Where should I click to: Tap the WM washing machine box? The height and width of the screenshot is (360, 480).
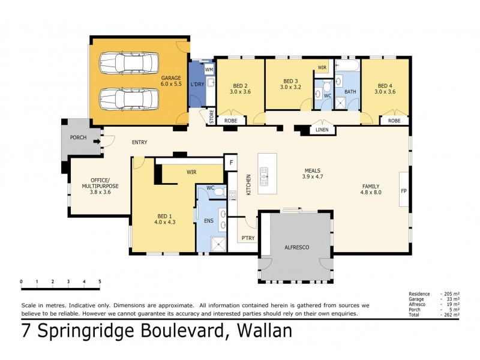(x=209, y=70)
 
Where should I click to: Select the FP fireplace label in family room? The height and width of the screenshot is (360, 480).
(x=404, y=191)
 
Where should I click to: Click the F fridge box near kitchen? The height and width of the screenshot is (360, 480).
(x=230, y=162)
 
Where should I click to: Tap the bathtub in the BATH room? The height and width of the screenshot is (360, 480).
(x=347, y=65)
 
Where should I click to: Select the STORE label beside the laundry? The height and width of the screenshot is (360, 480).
(x=211, y=117)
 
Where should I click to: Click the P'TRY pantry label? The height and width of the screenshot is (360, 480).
(x=248, y=238)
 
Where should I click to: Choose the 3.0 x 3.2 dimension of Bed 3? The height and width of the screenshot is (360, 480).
(x=290, y=87)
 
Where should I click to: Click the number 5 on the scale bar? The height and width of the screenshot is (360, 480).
(x=100, y=281)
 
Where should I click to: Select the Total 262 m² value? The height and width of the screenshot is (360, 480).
(x=451, y=314)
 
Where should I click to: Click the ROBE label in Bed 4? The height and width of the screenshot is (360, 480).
(x=394, y=121)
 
